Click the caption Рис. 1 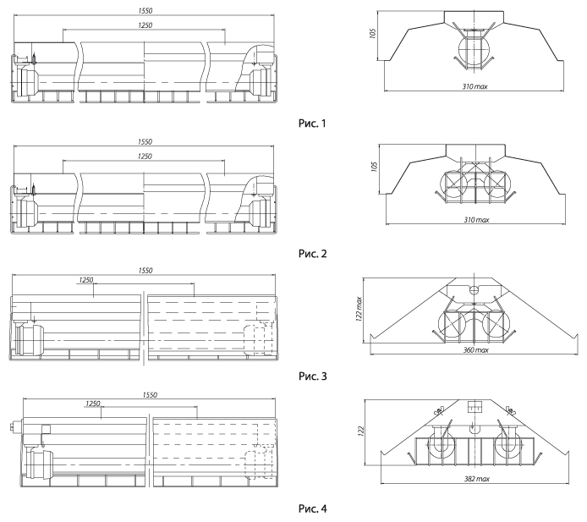(x=312, y=124)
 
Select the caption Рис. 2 (x=313, y=254)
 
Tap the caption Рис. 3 (x=313, y=376)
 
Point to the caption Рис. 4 (x=313, y=508)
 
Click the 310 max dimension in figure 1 (x=475, y=86)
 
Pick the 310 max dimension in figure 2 (x=476, y=220)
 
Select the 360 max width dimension (x=476, y=350)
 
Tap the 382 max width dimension (x=477, y=479)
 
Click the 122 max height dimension (x=359, y=309)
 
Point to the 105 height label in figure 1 (x=372, y=33)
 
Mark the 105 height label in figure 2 (x=374, y=167)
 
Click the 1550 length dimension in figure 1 (x=145, y=11)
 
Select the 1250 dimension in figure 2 (x=145, y=157)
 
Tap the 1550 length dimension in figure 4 (x=150, y=395)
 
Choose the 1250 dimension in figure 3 (x=86, y=280)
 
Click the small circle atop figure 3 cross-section (x=474, y=289)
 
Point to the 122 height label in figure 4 (x=361, y=431)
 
